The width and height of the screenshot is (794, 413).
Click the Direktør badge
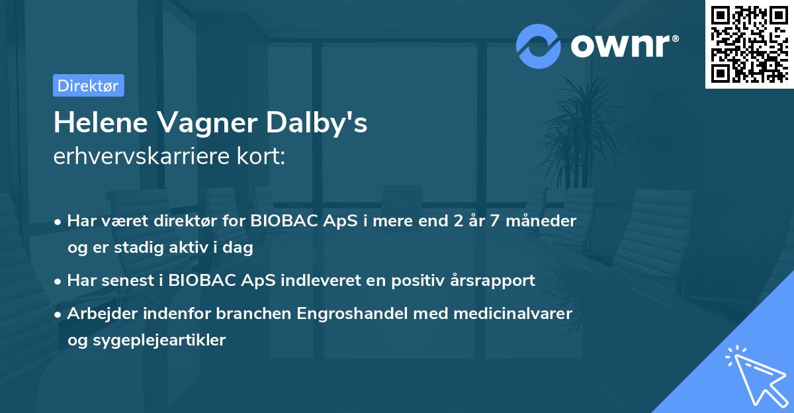88,85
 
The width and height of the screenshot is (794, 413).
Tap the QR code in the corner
749,44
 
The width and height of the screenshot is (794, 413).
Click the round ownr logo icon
539,46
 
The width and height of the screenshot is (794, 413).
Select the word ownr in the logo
624,46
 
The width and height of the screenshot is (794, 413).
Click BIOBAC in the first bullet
284,220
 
